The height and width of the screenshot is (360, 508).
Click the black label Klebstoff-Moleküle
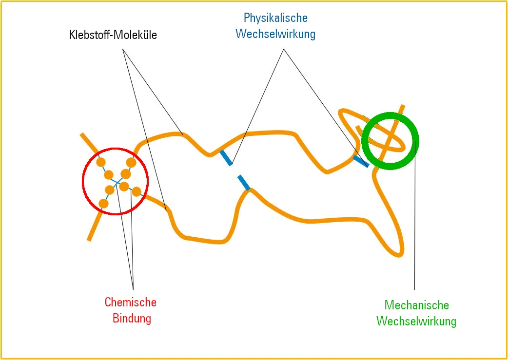point(112,35)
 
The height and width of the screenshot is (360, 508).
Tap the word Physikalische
point(275,18)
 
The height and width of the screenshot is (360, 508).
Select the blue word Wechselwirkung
point(275,34)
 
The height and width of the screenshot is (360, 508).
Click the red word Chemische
point(131,302)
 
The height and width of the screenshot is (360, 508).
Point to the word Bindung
point(132,319)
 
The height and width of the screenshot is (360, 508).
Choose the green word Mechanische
point(416,305)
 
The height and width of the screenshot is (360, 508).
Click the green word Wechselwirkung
point(416,322)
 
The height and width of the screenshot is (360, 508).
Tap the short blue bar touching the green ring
point(361,161)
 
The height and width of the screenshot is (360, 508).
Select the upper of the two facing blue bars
point(225,157)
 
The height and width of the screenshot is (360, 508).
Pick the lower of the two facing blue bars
point(244,182)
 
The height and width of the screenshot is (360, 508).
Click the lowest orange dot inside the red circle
point(103,203)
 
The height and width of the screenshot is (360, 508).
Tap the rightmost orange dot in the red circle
point(137,191)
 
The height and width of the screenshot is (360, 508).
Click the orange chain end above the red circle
point(82,134)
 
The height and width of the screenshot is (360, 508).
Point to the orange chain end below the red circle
point(89,239)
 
